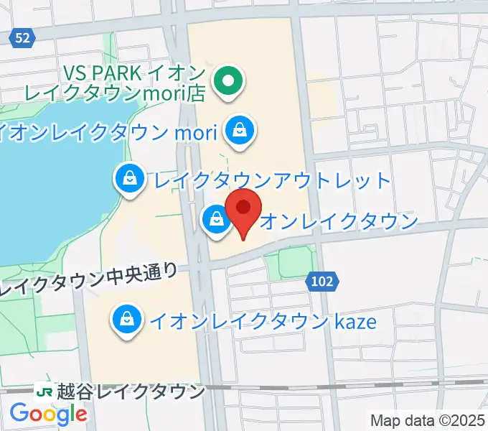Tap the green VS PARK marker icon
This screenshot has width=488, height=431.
point(230,83)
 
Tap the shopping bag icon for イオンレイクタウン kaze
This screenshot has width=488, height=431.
point(126,319)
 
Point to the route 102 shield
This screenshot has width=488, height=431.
point(322,282)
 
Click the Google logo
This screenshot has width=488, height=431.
point(48,414)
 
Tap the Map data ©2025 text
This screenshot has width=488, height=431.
point(428,420)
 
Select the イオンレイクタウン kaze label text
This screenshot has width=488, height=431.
point(263,320)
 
